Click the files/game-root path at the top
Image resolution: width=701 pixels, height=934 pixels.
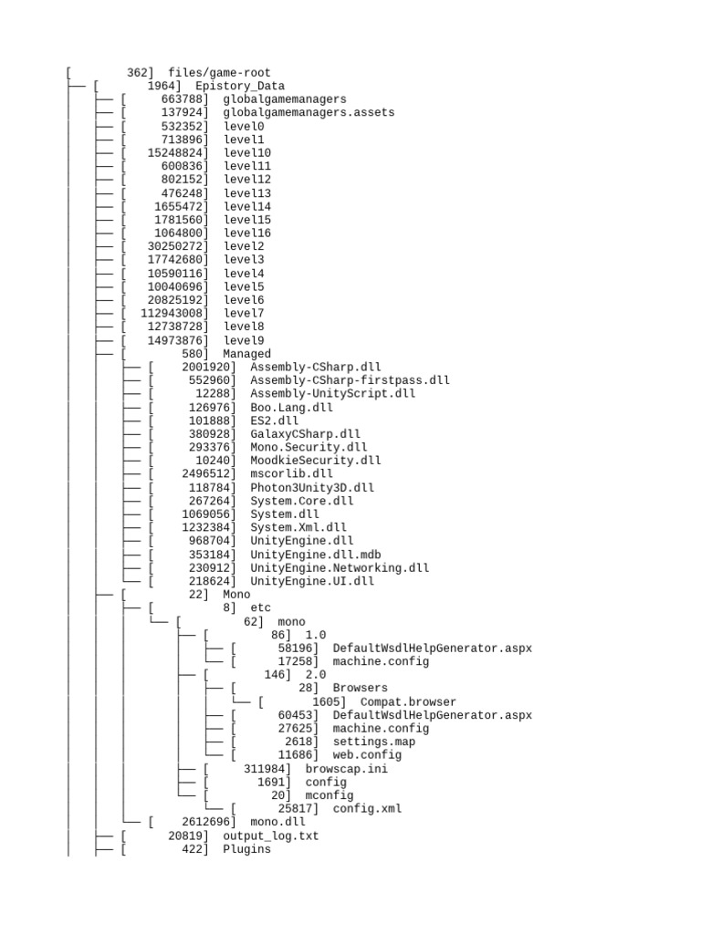[219, 73]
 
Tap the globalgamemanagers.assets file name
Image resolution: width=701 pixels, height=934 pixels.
[309, 113]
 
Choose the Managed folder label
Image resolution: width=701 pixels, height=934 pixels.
[246, 354]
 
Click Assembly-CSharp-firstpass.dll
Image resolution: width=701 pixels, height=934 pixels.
[350, 380]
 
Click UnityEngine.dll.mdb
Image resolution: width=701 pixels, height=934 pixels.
[316, 555]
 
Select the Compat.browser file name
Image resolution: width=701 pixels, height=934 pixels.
[408, 701]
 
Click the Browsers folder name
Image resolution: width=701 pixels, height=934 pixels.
[360, 688]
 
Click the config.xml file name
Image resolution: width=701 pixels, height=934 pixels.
[367, 808]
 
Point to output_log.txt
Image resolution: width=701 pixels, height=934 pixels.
[271, 835]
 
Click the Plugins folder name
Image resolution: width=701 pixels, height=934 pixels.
[246, 849]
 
